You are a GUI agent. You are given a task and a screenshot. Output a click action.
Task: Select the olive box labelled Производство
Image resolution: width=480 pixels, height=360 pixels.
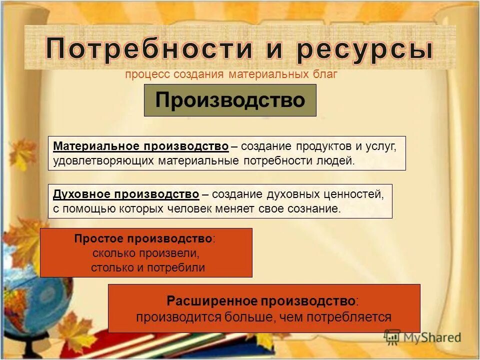[x=230, y=100]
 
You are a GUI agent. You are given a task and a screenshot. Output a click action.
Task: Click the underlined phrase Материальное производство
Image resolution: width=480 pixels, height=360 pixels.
[x=140, y=146]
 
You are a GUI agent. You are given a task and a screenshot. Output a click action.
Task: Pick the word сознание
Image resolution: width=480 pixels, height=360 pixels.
[x=313, y=209]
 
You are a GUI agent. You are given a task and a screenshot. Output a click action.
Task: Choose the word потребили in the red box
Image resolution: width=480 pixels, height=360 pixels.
[x=181, y=267]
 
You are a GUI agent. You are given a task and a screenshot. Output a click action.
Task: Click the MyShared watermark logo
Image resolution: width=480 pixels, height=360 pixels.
[x=422, y=337]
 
